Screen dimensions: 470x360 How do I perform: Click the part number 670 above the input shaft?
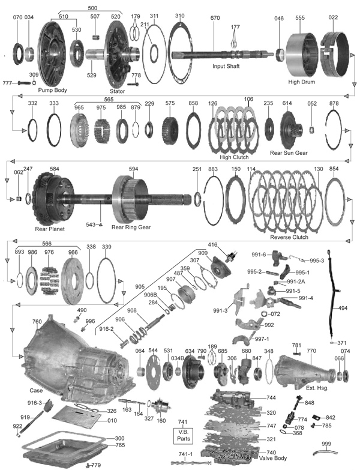click(x=215, y=19)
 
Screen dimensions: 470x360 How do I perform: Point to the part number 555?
click(x=300, y=19)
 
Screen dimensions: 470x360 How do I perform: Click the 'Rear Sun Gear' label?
click(x=289, y=152)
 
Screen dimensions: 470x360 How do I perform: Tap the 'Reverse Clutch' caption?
click(x=290, y=237)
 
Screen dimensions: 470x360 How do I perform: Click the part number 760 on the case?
click(x=37, y=322)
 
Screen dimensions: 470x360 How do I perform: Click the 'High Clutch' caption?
click(x=234, y=157)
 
